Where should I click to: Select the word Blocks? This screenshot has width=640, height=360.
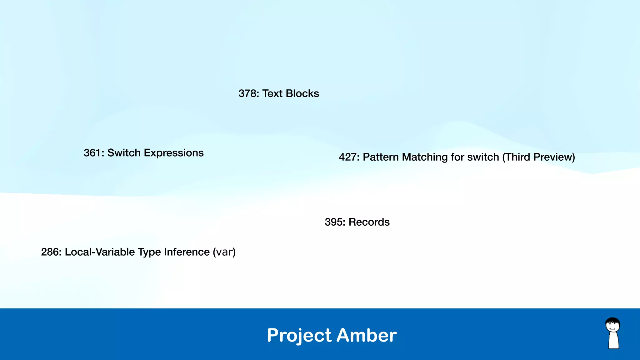(x=302, y=93)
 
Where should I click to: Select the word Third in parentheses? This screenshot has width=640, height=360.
(x=516, y=157)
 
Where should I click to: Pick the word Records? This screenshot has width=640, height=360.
(x=369, y=222)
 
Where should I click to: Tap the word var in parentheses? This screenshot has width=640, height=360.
(x=224, y=252)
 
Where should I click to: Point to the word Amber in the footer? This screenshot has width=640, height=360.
(x=367, y=335)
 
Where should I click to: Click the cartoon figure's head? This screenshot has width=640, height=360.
(x=612, y=325)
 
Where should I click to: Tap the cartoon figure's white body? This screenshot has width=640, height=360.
(x=613, y=341)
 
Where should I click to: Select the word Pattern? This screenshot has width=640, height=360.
(x=381, y=157)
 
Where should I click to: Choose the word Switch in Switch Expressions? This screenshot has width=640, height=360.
(x=124, y=153)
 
